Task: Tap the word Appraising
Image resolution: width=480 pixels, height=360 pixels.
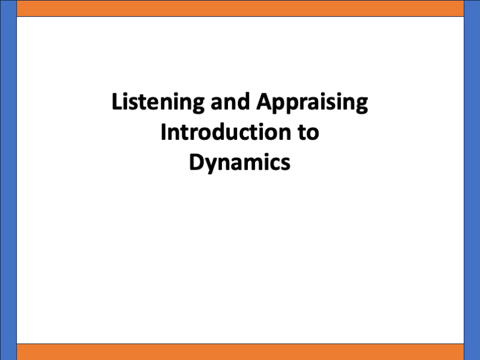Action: pyautogui.click(x=312, y=103)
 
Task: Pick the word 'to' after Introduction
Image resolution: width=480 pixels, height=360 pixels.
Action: pyautogui.click(x=308, y=132)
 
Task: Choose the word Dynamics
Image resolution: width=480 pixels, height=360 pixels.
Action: pyautogui.click(x=240, y=162)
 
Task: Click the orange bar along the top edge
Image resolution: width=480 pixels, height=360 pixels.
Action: pyautogui.click(x=240, y=8)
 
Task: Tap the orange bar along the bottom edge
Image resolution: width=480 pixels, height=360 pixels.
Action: pyautogui.click(x=240, y=352)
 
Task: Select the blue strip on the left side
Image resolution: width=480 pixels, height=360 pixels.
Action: pyautogui.click(x=8, y=180)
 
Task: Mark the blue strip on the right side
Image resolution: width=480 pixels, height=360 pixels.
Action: pyautogui.click(x=472, y=180)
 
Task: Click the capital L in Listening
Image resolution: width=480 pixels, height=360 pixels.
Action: pyautogui.click(x=117, y=103)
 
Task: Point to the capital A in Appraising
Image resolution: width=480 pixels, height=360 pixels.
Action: pyautogui.click(x=264, y=103)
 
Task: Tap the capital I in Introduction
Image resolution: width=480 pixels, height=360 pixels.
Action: pyautogui.click(x=163, y=132)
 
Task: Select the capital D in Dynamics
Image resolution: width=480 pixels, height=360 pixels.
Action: pyautogui.click(x=196, y=162)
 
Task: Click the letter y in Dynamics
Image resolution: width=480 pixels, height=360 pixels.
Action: pyautogui.click(x=209, y=164)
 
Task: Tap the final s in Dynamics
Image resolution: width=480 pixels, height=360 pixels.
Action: pyautogui.click(x=286, y=163)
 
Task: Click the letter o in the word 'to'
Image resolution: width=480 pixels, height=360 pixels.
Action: pyautogui.click(x=313, y=133)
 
